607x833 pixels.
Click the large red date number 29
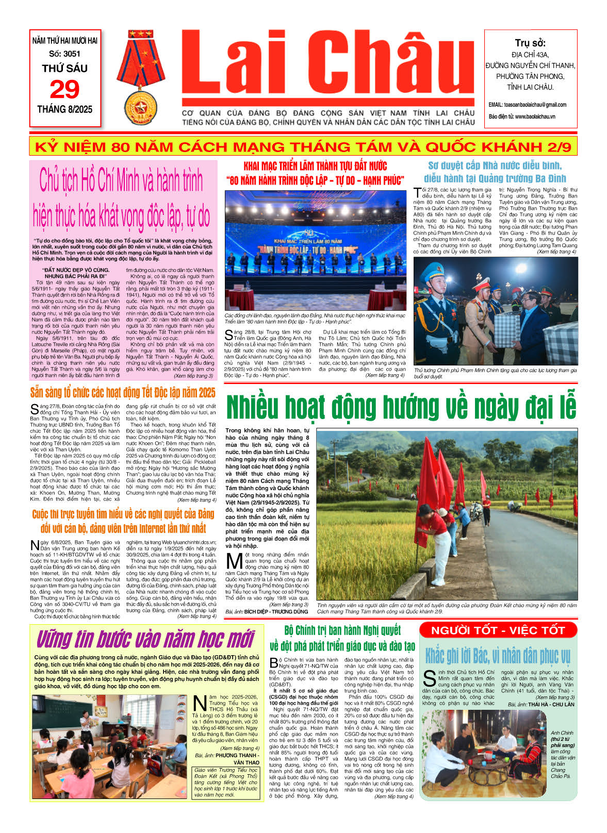[x=64, y=90]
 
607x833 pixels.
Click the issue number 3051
[x=65, y=54]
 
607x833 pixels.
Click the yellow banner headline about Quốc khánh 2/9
[x=303, y=147]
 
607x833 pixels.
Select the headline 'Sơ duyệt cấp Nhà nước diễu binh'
[x=495, y=172]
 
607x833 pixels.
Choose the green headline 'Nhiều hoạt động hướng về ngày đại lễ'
[x=401, y=407]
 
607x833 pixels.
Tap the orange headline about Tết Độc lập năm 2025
[x=123, y=393]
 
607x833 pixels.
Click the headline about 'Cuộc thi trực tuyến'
[x=123, y=521]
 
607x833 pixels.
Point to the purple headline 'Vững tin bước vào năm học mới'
[x=145, y=639]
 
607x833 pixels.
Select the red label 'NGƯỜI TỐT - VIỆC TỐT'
[x=498, y=630]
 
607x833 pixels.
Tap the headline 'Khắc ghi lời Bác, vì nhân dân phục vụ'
[x=498, y=656]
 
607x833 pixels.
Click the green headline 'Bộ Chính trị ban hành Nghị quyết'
[x=342, y=638]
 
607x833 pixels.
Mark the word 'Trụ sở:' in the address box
[x=530, y=43]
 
